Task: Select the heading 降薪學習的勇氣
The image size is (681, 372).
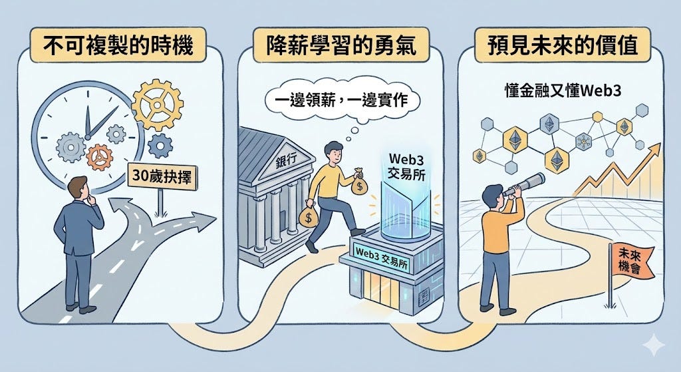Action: tap(340, 46)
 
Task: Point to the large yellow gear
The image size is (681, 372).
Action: tap(158, 104)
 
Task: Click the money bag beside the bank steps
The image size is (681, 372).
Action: tap(309, 216)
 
